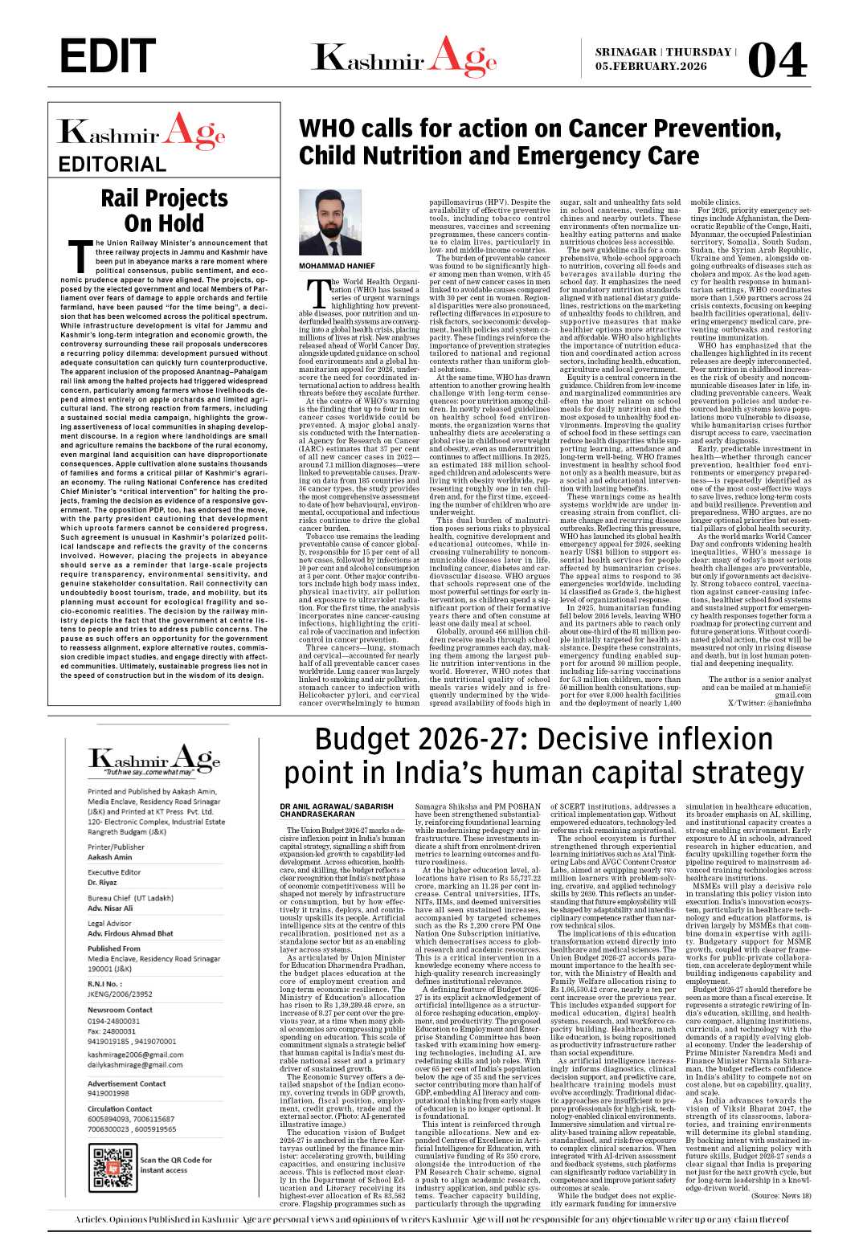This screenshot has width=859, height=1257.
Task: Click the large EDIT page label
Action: [108, 55]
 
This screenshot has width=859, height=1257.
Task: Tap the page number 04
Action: [776, 59]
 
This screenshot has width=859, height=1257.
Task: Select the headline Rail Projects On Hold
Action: [164, 210]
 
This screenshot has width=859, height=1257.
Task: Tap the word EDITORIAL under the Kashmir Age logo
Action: [112, 165]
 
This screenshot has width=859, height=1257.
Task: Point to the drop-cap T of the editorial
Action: [81, 255]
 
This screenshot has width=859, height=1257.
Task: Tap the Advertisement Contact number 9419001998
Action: [108, 1093]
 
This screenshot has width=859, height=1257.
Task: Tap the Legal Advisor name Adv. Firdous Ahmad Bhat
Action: [130, 933]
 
